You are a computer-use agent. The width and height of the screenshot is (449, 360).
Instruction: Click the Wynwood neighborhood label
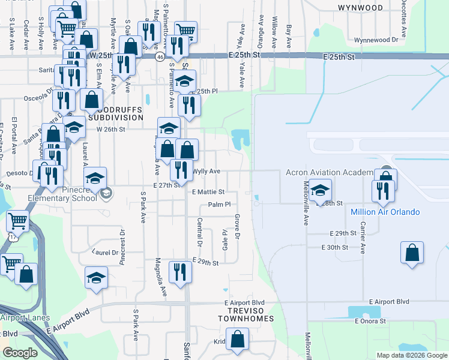tap(360, 8)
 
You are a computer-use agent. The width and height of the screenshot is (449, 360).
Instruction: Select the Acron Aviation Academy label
tap(329, 173)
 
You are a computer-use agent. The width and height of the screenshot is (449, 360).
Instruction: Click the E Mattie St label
tap(208, 192)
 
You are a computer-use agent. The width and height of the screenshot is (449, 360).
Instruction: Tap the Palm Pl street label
tap(220, 205)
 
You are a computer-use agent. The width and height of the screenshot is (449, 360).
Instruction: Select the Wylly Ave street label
tap(206, 172)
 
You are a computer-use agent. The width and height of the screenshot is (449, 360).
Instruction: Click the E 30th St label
tap(335, 247)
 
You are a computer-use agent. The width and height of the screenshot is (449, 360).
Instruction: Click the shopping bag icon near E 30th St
tap(412, 252)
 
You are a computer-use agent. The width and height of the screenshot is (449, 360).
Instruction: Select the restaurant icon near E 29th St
tap(179, 272)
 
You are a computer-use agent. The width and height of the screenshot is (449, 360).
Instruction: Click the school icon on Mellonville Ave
tap(321, 189)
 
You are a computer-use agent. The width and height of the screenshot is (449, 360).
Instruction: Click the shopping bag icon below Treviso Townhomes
tap(238, 339)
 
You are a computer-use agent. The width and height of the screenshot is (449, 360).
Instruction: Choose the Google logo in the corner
tap(20, 353)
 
